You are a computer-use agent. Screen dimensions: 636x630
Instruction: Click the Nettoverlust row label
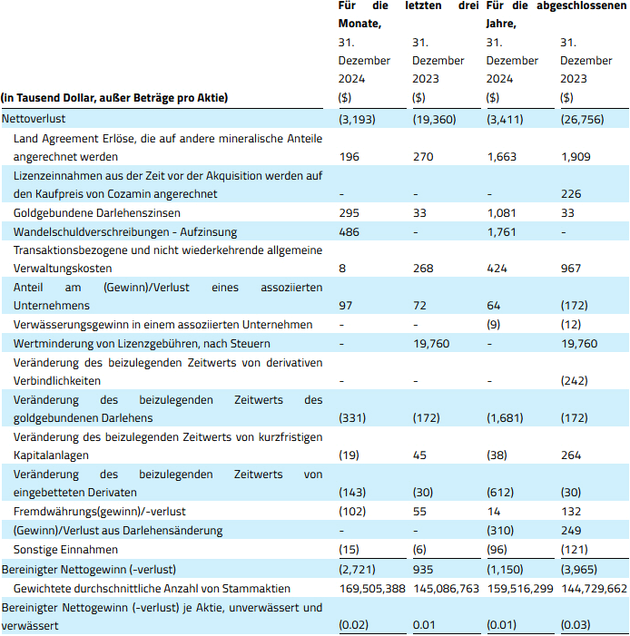pos(34,119)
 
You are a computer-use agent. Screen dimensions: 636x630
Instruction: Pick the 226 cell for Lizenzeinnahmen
pos(571,193)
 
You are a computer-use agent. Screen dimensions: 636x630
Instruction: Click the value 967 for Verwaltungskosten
pos(571,269)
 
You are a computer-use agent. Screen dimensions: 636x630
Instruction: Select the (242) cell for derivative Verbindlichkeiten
pos(576,380)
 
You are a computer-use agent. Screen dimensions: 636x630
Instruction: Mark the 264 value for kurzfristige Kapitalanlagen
pos(571,455)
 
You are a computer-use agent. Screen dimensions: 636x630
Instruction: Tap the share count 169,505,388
pos(373,587)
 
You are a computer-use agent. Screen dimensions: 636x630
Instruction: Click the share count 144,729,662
pos(594,587)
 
